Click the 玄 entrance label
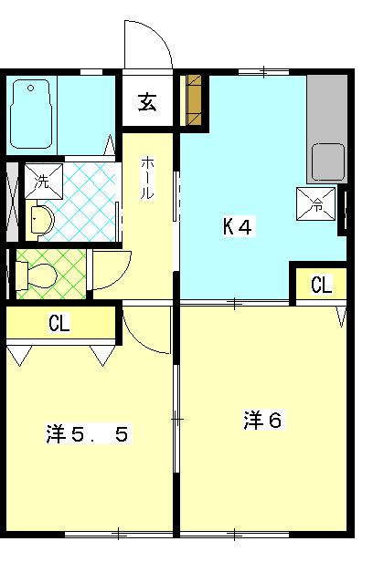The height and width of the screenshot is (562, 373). pos(147,102)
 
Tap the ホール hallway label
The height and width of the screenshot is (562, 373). pos(147,178)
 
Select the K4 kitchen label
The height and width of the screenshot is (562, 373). pos(238,226)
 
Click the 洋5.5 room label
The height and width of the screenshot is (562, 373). pos(87,433)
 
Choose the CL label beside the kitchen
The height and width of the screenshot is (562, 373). pos(321,285)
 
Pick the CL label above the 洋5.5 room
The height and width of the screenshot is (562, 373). pos(59,323)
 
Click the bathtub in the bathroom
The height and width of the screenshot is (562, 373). pos(31,114)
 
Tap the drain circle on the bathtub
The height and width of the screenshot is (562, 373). pos(30,88)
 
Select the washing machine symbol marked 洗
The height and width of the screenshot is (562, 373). pos(44,182)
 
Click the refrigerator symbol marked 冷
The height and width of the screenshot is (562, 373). pos(316,203)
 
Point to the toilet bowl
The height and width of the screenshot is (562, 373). pos(42,276)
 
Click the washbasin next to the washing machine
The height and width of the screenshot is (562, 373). pos(42,219)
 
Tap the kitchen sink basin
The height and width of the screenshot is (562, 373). pos(328,162)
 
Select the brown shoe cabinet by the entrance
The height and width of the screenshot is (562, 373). pos(194,100)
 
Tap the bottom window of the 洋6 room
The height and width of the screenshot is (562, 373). pos(234,535)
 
